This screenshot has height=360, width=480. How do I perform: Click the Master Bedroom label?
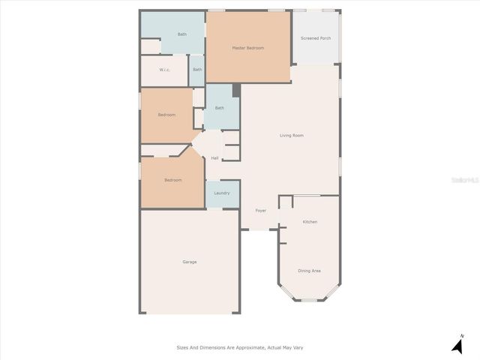[x=247, y=48]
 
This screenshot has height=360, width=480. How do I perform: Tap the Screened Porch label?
[x=316, y=38]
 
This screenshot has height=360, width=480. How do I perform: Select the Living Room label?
[x=292, y=136]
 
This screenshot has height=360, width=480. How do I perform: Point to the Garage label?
[x=190, y=262]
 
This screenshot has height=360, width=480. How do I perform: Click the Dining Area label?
[x=309, y=271]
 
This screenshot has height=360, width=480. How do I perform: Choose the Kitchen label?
[x=310, y=223]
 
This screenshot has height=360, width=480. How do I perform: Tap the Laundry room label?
[x=221, y=193]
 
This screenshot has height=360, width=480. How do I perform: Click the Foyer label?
[x=260, y=211]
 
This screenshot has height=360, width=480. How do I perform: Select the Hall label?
[x=214, y=158]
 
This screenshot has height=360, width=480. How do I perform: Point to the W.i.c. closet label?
[x=165, y=70]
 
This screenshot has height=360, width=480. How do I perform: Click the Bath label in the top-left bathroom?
[x=182, y=34]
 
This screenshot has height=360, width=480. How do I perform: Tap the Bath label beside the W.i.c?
[x=197, y=70]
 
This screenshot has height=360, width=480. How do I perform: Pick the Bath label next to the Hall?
[x=220, y=108]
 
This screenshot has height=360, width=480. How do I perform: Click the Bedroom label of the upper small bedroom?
[x=166, y=115]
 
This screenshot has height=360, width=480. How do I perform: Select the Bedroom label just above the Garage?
[x=173, y=180]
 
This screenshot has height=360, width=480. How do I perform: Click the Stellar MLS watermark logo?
[x=463, y=181]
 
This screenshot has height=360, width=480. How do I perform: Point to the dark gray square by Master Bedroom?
[x=235, y=90]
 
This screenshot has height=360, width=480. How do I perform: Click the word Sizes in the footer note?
[x=182, y=348]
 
